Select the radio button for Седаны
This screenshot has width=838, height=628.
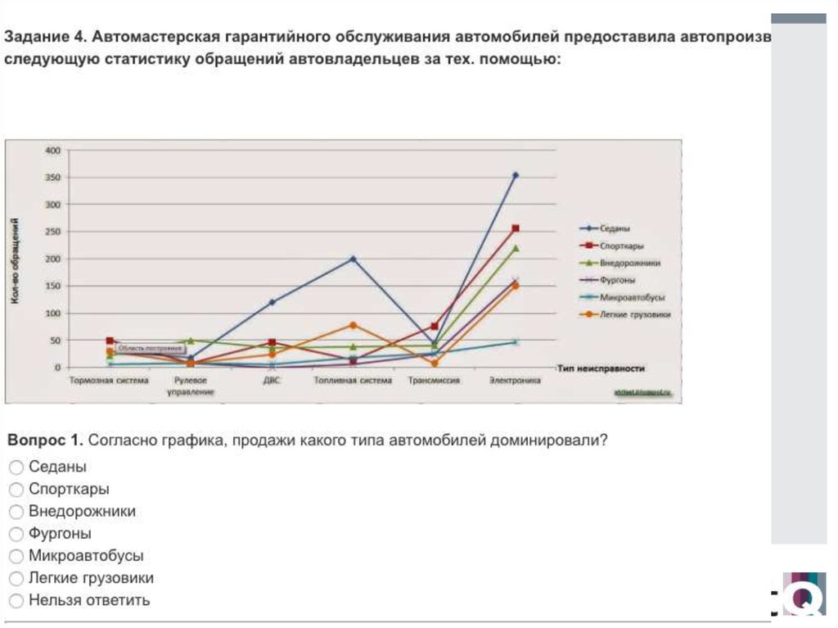pos(16,468)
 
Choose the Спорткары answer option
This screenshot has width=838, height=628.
pos(16,490)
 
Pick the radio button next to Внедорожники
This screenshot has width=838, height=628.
pos(16,512)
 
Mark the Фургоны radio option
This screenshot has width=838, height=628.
pos(16,534)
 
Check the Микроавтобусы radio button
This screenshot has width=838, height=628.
pos(16,556)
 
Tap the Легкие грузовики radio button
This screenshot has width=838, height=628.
pos(16,578)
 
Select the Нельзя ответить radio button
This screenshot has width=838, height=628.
pos(16,600)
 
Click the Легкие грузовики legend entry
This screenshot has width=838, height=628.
pos(635,314)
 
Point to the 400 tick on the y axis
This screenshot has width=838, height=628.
pos(53,151)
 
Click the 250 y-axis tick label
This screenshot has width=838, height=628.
pos(53,232)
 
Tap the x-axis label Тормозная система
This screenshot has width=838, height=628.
pos(109,381)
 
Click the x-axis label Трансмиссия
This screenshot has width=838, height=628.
pos(434,381)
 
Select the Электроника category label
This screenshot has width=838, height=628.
pos(516,381)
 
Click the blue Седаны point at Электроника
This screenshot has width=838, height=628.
pos(516,174)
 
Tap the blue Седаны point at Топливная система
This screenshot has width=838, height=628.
pos(353,259)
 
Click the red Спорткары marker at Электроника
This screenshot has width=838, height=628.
pos(516,228)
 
